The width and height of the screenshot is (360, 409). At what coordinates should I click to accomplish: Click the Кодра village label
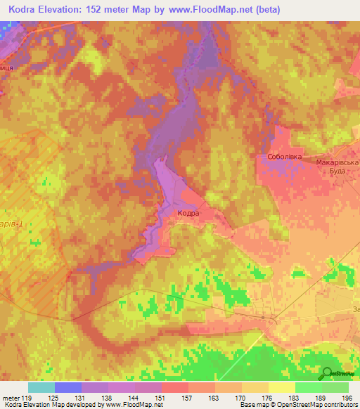click(x=188, y=212)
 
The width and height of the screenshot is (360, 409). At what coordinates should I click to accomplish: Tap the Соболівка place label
click(x=285, y=157)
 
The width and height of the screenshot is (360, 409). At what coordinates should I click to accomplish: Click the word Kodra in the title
click(x=25, y=9)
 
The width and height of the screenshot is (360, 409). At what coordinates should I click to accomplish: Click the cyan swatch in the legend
click(x=41, y=387)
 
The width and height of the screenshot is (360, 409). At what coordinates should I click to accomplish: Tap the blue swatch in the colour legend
click(x=68, y=387)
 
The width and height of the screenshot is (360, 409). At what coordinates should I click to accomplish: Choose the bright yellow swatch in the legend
click(x=281, y=387)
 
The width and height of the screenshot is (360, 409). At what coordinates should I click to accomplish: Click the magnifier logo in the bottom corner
click(x=327, y=373)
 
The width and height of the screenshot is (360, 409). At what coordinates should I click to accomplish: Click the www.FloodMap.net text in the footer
click(x=138, y=405)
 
